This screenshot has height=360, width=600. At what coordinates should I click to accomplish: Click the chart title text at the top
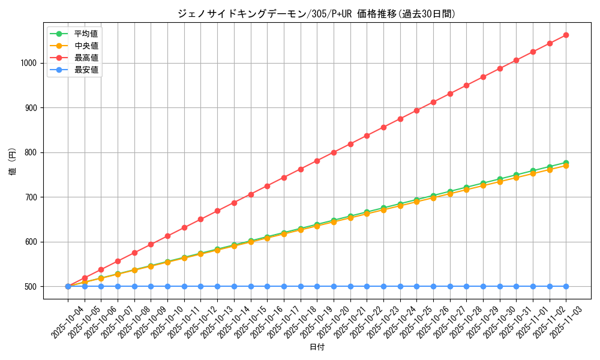click(x=316, y=13)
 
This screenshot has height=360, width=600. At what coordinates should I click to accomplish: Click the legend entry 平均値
click(x=86, y=34)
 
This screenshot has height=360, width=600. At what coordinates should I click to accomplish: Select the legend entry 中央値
click(x=86, y=46)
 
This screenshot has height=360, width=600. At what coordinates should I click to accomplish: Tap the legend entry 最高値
click(x=86, y=58)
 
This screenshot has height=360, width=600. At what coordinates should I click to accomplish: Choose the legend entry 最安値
click(x=86, y=70)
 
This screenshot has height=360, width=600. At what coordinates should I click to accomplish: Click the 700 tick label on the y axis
click(x=31, y=197)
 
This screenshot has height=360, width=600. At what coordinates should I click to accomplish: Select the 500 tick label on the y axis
click(x=31, y=287)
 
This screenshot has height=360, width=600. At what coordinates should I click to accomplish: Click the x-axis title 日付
click(x=317, y=347)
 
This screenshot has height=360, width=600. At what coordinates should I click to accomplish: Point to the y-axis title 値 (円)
click(x=12, y=162)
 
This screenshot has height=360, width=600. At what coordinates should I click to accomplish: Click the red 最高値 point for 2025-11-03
click(x=566, y=35)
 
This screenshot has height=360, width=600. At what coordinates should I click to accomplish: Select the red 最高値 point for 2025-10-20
click(x=334, y=152)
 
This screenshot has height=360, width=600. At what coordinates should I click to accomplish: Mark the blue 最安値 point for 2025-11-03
click(x=566, y=286)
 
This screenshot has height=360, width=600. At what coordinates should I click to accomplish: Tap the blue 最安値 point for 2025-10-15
click(x=251, y=286)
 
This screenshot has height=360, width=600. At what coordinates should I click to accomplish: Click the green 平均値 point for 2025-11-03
click(x=566, y=163)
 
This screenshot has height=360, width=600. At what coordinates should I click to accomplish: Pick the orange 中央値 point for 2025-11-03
click(x=566, y=166)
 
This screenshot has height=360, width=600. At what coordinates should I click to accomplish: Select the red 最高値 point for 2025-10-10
click(x=167, y=236)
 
